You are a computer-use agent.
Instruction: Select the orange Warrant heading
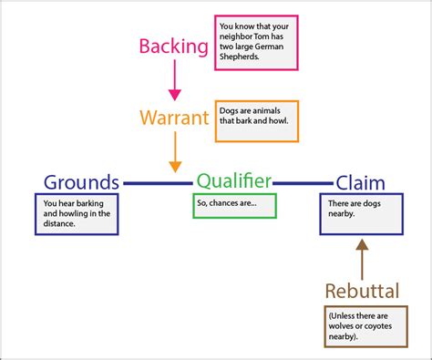point(174,118)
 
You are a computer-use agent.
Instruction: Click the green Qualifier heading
point(234,181)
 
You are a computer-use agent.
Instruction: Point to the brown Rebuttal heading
point(362,291)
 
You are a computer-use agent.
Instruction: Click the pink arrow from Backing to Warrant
point(174,82)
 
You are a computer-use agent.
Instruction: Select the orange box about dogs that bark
point(251,121)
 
